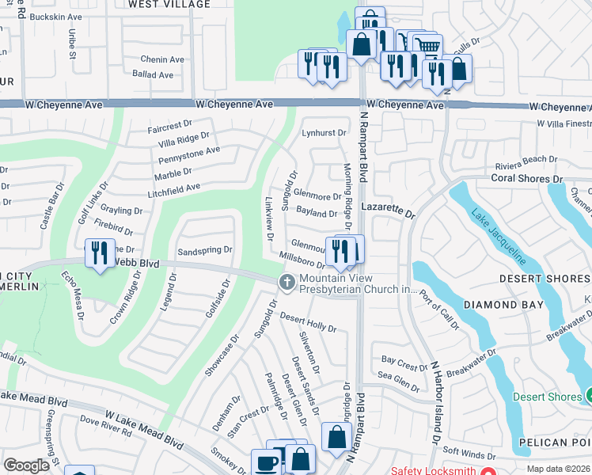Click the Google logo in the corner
(26, 465)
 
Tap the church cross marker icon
(286, 281)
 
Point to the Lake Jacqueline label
(497, 236)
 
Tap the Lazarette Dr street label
(388, 214)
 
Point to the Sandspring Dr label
(204, 249)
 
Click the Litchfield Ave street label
(173, 187)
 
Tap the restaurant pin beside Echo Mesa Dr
(100, 253)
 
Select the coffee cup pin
(266, 463)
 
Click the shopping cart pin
(428, 46)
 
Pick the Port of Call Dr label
(440, 305)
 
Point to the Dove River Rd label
(105, 428)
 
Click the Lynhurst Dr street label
(324, 133)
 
